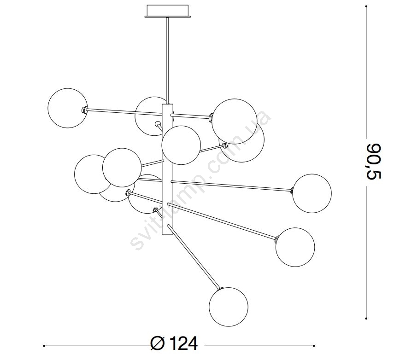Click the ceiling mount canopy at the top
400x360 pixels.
point(167,11)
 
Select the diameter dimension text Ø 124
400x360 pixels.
point(175,344)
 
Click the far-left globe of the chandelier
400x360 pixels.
point(68,108)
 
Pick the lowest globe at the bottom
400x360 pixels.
point(229,307)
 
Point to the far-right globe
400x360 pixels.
point(312,193)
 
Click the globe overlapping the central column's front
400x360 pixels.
point(182,145)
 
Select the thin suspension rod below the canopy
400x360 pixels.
point(167,61)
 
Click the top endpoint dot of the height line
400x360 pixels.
point(366,6)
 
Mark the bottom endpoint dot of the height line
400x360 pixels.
point(366,318)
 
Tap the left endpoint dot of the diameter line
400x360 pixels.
point(44,346)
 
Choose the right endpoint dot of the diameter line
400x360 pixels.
point(314,346)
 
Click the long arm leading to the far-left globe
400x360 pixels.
point(125,111)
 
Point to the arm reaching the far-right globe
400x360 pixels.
point(231,185)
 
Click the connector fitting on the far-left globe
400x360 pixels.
point(84,110)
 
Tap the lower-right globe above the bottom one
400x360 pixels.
point(295,247)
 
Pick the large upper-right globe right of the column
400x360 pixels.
point(235,121)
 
